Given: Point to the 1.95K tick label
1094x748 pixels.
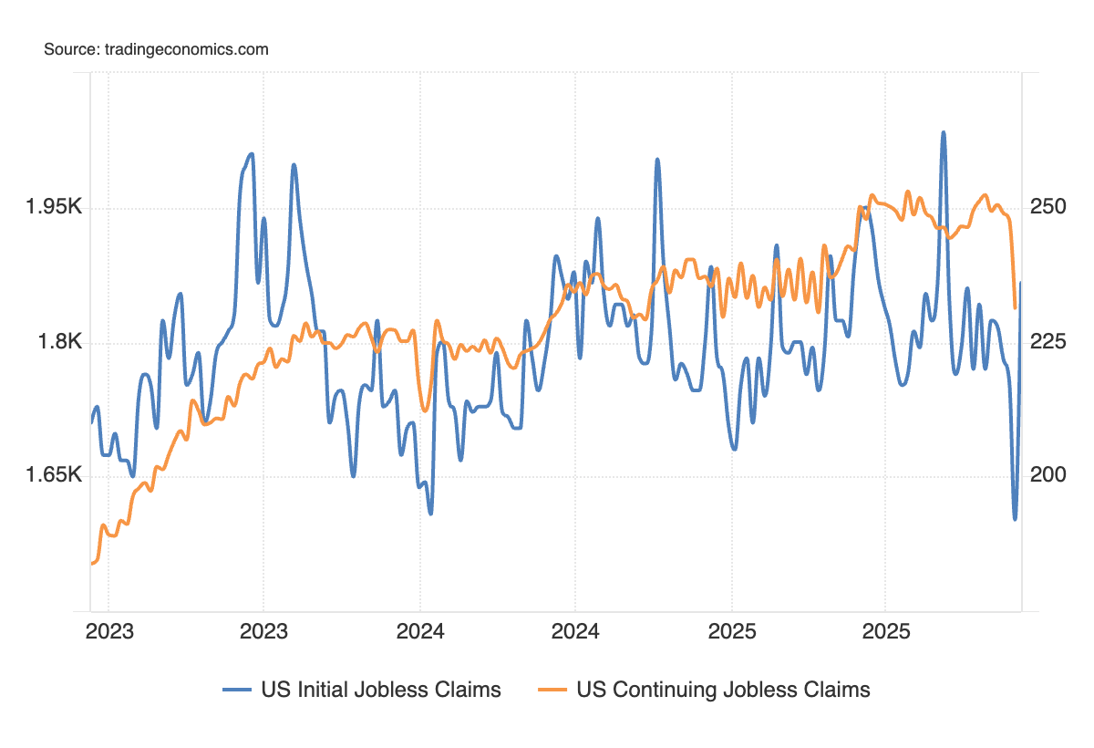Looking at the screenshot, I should click(54, 208).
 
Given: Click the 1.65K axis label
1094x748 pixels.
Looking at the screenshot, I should click(54, 476).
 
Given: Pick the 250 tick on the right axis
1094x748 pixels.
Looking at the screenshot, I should click(1048, 208).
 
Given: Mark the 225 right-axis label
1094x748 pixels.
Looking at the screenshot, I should click(1048, 343).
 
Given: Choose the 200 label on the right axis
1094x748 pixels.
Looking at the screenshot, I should click(1048, 476).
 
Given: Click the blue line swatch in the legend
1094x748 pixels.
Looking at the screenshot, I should click(237, 691).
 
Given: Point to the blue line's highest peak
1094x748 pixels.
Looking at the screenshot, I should click(944, 132).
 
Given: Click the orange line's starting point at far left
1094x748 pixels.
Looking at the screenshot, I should click(92, 564).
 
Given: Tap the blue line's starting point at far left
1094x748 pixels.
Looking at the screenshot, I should click(92, 422).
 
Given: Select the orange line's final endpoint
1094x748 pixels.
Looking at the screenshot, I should click(1016, 307).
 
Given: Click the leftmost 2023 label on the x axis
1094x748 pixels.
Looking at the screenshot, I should click(108, 631).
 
